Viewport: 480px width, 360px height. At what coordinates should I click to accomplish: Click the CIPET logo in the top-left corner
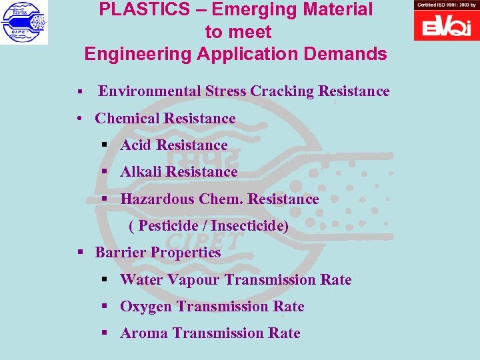pyautogui.click(x=24, y=22)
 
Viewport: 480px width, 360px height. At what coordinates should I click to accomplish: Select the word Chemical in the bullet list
pyautogui.click(x=127, y=119)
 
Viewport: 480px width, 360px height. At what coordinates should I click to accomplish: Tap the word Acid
pyautogui.click(x=137, y=145)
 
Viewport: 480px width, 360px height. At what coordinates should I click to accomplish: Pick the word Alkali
pyautogui.click(x=141, y=172)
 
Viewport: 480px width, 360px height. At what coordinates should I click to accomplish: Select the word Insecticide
pyautogui.click(x=248, y=226)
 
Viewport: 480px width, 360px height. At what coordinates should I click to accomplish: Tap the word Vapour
pyautogui.click(x=193, y=280)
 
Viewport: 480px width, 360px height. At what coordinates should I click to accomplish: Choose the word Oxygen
pyautogui.click(x=146, y=307)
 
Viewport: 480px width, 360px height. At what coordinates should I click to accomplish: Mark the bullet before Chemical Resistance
pyautogui.click(x=79, y=119)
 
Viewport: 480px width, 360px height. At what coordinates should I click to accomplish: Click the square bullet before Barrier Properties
pyautogui.click(x=80, y=253)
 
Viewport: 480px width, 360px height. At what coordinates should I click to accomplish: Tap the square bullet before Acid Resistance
pyautogui.click(x=105, y=145)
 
